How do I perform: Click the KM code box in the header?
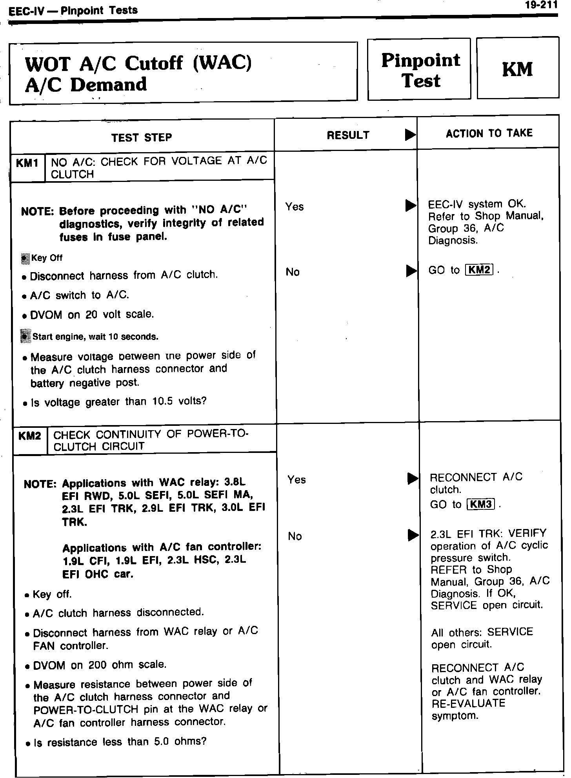click(517, 69)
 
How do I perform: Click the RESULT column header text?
click(348, 135)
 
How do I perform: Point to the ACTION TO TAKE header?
click(489, 133)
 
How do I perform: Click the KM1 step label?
click(27, 163)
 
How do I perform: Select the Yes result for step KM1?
click(295, 207)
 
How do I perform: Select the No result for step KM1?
click(293, 272)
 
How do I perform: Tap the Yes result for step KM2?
click(296, 480)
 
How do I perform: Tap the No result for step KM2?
click(295, 536)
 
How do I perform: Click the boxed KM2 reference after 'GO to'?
click(478, 270)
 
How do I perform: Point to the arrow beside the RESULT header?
click(410, 135)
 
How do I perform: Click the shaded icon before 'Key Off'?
click(25, 258)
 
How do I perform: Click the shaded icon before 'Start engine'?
click(25, 336)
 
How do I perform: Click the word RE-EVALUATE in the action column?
click(468, 703)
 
